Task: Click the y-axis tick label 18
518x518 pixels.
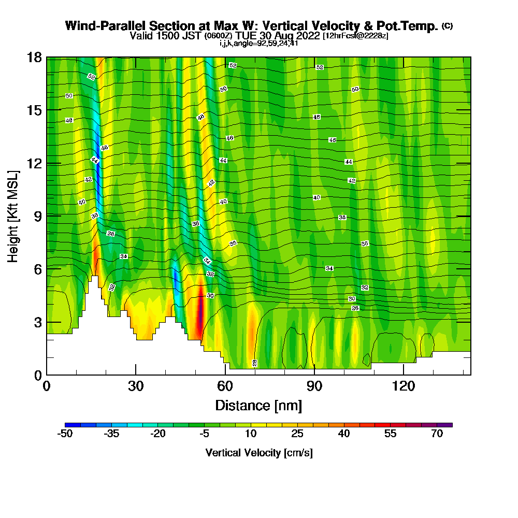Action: tap(34, 57)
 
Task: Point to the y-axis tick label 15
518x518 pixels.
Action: tap(34, 110)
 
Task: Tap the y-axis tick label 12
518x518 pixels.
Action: tap(34, 163)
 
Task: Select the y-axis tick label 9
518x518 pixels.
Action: tap(37, 216)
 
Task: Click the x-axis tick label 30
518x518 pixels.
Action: tap(136, 386)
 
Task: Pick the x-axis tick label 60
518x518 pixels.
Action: tap(225, 386)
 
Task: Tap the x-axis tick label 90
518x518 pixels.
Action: tap(314, 386)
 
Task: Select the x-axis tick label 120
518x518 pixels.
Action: tap(404, 386)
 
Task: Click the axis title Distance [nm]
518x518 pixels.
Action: tap(258, 405)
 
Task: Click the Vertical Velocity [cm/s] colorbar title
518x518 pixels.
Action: tap(258, 453)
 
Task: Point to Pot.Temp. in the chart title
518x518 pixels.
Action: tap(412, 26)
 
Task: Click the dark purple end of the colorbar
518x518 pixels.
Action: tap(448, 425)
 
